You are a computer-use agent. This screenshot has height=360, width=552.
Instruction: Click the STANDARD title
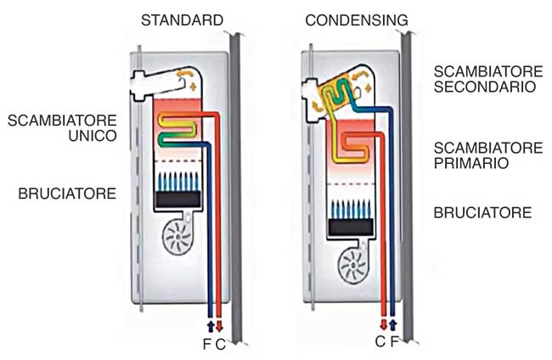(182, 20)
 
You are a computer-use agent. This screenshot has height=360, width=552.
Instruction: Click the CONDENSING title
(357, 20)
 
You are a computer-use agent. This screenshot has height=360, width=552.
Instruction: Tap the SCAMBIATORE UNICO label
(62, 128)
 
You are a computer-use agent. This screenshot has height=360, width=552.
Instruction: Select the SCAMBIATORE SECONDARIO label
(488, 79)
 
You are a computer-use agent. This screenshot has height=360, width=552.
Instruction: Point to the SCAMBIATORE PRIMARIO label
(488, 155)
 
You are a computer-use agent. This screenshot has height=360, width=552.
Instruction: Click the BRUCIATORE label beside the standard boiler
(67, 194)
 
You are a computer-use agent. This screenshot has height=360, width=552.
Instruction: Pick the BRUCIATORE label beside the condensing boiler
(482, 213)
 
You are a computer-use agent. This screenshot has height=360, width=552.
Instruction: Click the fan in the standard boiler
(177, 237)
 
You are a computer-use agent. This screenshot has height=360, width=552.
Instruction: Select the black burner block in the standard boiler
(178, 200)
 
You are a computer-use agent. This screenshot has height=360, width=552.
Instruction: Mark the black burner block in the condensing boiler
(351, 227)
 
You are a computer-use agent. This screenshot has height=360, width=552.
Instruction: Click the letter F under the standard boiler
(207, 344)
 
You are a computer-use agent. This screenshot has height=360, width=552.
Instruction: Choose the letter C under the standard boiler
(221, 344)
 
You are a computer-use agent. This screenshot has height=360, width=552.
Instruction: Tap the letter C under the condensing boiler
(380, 341)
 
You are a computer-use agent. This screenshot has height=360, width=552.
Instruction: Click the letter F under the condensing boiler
(395, 341)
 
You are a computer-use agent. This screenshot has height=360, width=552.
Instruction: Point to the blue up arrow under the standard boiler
(211, 325)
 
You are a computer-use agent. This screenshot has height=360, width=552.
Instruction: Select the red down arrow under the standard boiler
(219, 325)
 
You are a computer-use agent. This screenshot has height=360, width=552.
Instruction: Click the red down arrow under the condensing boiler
(384, 324)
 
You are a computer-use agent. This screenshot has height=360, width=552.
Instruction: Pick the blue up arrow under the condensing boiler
(393, 324)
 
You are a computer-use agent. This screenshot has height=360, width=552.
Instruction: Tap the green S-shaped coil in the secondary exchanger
(336, 94)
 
